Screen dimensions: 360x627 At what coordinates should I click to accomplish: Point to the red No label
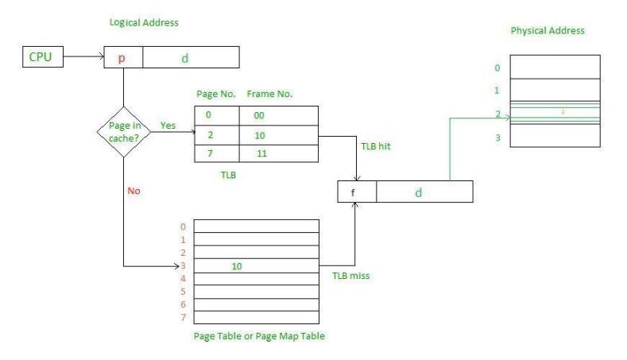134,191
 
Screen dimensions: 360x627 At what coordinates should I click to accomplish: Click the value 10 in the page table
237,266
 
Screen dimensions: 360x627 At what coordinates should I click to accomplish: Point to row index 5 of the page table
184,292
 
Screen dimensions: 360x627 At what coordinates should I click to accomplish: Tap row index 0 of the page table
184,227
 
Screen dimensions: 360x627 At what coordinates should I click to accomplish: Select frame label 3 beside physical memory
497,138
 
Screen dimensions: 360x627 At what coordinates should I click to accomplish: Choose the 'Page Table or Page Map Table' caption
259,335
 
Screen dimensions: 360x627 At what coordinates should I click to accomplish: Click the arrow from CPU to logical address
83,58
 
